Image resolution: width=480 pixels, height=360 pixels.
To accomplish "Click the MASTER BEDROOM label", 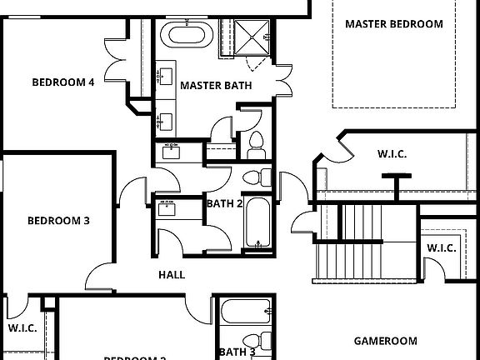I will click(394, 24).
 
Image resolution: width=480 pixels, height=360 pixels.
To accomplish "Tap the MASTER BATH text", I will click(210, 85).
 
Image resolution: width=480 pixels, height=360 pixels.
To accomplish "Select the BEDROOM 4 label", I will click(62, 82).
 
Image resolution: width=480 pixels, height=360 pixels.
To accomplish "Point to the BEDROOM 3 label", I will click(58, 221).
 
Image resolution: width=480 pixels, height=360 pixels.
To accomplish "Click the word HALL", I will click(172, 275).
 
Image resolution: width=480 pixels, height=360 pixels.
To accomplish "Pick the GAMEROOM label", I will click(385, 341).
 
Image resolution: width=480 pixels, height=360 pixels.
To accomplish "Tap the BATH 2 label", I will click(224, 203).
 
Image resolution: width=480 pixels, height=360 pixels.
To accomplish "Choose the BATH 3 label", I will click(237, 352).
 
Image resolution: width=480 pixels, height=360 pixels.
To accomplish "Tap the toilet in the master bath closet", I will click(255, 145).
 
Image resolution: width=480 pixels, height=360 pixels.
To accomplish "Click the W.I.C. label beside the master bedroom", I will click(392, 153).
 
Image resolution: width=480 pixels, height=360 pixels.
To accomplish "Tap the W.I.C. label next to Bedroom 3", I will click(22, 328).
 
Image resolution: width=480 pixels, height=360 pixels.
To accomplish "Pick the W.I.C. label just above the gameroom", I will click(441, 248).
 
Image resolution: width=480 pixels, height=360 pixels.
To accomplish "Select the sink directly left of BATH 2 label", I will click(170, 207).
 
